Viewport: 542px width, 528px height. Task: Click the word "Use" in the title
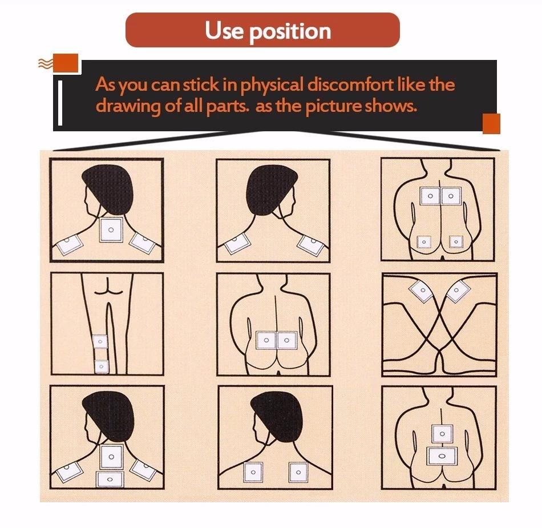(224, 30)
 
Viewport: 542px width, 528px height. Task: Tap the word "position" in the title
(290, 32)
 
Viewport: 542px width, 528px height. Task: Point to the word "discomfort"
(350, 84)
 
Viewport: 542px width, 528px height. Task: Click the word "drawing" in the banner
(128, 106)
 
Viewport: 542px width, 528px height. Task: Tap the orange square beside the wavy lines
(66, 63)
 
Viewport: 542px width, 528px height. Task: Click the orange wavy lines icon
(45, 63)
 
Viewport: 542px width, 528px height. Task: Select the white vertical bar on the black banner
(60, 103)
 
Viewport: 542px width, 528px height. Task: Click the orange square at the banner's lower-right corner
(491, 123)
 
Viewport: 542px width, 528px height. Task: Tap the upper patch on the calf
(100, 341)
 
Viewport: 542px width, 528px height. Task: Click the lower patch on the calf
(102, 366)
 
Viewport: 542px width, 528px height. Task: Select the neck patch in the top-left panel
(111, 229)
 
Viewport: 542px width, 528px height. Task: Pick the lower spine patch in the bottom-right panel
(442, 456)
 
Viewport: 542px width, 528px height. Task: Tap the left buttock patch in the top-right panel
(424, 242)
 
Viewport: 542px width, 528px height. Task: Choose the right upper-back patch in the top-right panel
(450, 196)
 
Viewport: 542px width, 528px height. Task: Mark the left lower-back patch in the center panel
(266, 340)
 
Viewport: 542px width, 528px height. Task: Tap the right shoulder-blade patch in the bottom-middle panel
(298, 472)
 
